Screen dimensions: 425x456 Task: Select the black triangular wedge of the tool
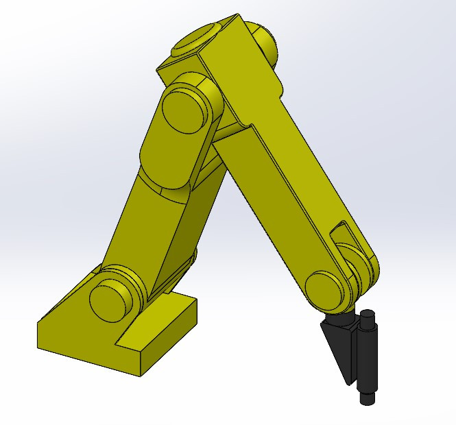click(x=338, y=346)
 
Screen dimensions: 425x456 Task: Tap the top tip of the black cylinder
click(x=368, y=315)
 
